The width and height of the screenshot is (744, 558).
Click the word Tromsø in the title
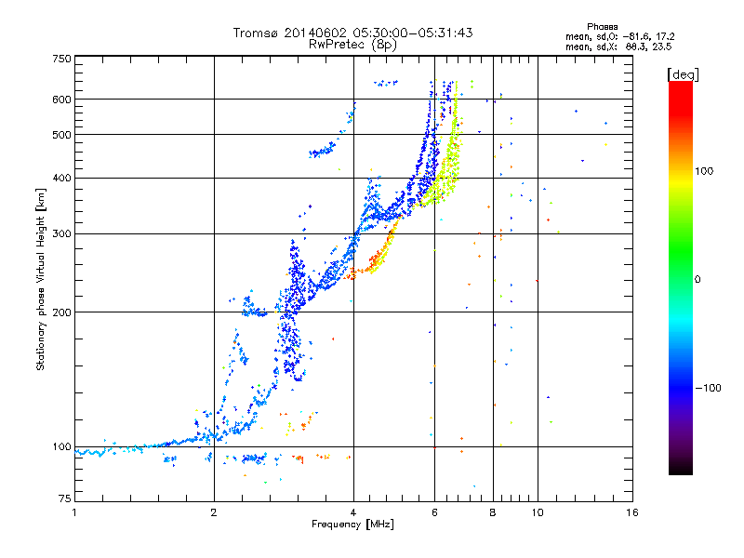[x=256, y=33]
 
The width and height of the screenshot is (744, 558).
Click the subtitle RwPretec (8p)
[x=352, y=45]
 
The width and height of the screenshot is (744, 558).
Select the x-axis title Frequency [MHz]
[x=352, y=525]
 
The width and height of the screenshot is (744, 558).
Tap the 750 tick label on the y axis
[x=61, y=59]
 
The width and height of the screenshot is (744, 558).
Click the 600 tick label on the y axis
[x=61, y=100]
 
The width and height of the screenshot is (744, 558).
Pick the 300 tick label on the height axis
[x=61, y=234]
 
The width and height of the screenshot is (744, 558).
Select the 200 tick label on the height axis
[x=61, y=312]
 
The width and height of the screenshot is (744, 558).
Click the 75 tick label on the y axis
[x=65, y=498]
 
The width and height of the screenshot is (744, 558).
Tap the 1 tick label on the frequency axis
[x=74, y=512]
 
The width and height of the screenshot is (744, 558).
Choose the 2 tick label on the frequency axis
[x=214, y=512]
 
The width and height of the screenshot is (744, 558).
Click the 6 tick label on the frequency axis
[x=434, y=512]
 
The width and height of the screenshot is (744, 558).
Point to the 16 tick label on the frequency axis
[x=632, y=512]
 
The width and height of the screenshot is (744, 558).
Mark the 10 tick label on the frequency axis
[x=538, y=512]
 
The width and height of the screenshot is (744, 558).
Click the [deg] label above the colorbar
[x=683, y=75]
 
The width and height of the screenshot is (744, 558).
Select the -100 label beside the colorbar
[x=709, y=388]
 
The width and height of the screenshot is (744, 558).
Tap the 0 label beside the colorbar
[x=697, y=280]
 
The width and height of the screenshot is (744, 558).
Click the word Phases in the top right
[x=602, y=27]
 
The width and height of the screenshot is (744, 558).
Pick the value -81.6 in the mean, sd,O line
[x=636, y=37]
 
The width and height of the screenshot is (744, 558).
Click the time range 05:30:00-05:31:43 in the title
[x=413, y=33]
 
